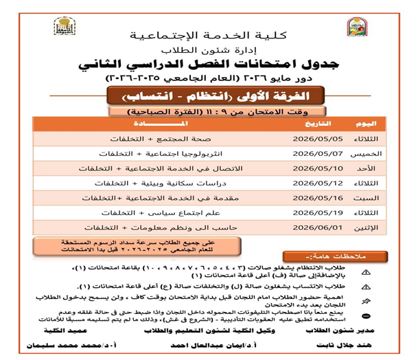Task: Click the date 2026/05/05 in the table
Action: pyautogui.click(x=310, y=137)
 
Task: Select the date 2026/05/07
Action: pyautogui.click(x=310, y=153)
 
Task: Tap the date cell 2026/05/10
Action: pyautogui.click(x=310, y=168)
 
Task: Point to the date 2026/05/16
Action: pyautogui.click(x=310, y=197)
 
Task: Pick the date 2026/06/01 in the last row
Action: pyautogui.click(x=310, y=227)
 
